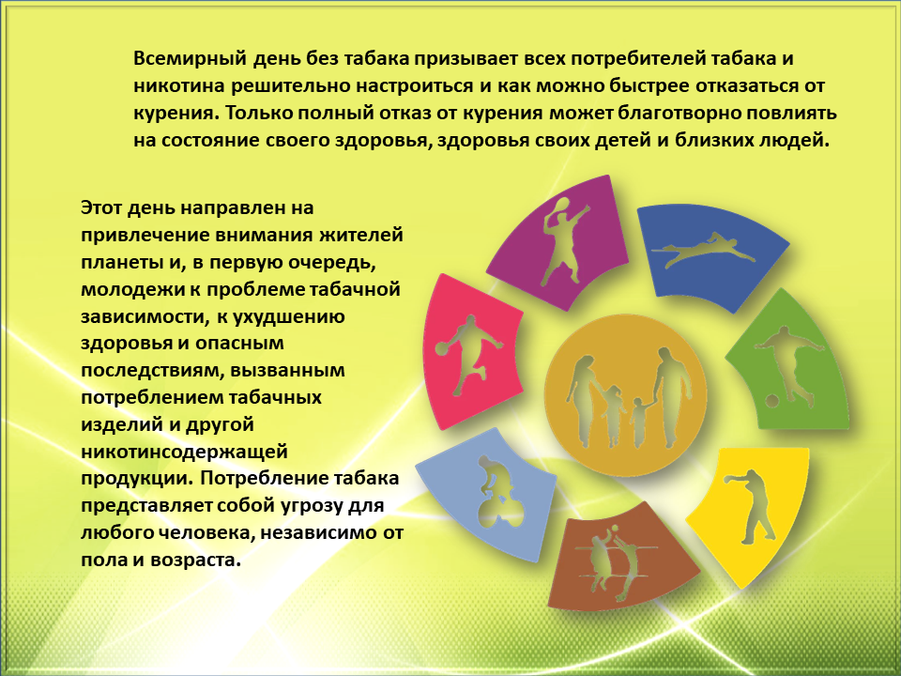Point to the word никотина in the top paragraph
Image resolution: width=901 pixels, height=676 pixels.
click(x=178, y=86)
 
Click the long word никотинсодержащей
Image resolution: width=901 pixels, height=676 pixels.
click(x=184, y=452)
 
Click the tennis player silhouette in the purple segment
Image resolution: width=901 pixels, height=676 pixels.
click(x=564, y=241)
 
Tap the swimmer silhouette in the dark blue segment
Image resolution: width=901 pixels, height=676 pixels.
click(x=703, y=249)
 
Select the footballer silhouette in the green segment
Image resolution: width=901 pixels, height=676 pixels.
click(x=787, y=366)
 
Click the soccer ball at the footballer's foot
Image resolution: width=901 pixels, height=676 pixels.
click(x=772, y=400)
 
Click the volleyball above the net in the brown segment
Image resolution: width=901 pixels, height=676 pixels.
click(x=614, y=528)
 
